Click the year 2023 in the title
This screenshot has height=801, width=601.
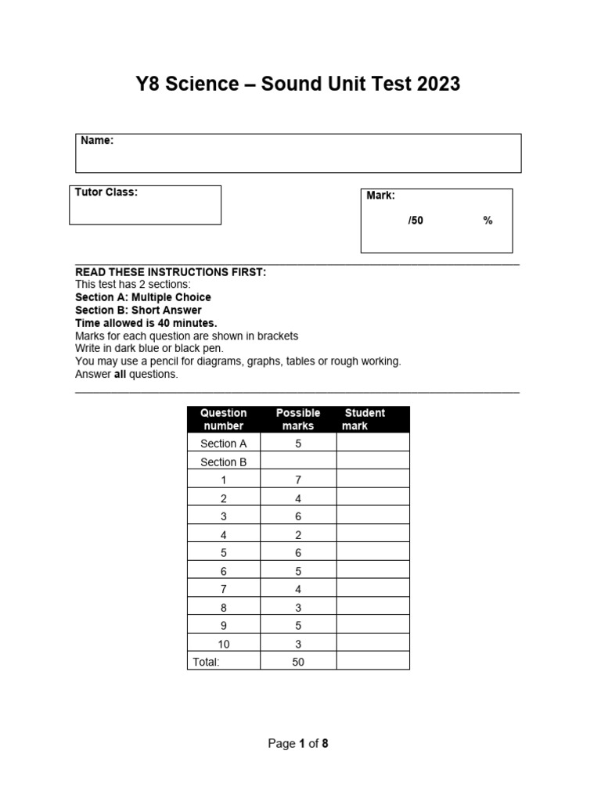point(435,84)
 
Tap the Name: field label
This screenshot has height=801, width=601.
point(97,141)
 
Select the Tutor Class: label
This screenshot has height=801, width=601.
point(106,192)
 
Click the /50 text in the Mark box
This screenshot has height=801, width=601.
point(415,221)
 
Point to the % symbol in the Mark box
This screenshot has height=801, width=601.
point(488,221)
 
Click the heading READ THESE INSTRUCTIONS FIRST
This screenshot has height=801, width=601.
point(171,272)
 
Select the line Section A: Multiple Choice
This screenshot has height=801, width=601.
point(143,298)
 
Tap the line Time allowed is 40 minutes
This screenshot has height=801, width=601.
point(146,323)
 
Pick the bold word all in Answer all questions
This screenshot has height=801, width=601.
point(121,374)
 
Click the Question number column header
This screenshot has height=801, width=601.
point(223,419)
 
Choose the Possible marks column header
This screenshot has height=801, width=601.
point(298,419)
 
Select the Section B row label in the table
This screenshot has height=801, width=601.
point(223,462)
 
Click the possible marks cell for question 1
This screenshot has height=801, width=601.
point(298,480)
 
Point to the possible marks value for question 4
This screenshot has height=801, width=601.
point(298,535)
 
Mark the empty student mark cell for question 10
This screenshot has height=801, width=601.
point(372,644)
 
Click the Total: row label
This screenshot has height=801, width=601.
point(206,662)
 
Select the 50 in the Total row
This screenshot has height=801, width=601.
point(298,662)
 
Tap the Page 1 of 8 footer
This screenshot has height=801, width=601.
point(298,744)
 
